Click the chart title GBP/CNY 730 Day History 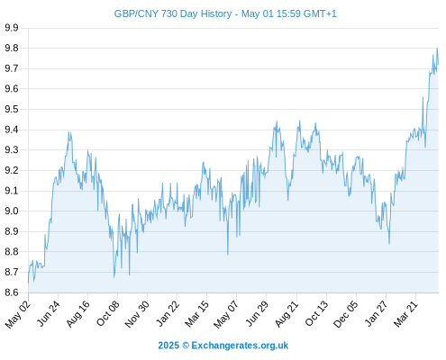[173, 13]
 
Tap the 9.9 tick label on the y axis [12, 28]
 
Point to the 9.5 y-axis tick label [12, 109]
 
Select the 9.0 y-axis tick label [12, 211]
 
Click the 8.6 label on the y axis [12, 292]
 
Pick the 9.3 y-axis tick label [12, 149]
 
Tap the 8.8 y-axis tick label [12, 251]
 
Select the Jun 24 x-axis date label [49, 313]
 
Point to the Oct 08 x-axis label [108, 313]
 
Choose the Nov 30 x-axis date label [137, 314]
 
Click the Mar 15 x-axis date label [196, 314]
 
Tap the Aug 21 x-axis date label [287, 314]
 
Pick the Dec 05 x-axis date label [346, 314]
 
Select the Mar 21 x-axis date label [405, 314]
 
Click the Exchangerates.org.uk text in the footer [240, 346]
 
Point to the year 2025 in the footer [168, 346]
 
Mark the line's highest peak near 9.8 [437, 49]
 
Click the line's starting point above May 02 [29, 283]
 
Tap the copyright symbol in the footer [186, 346]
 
